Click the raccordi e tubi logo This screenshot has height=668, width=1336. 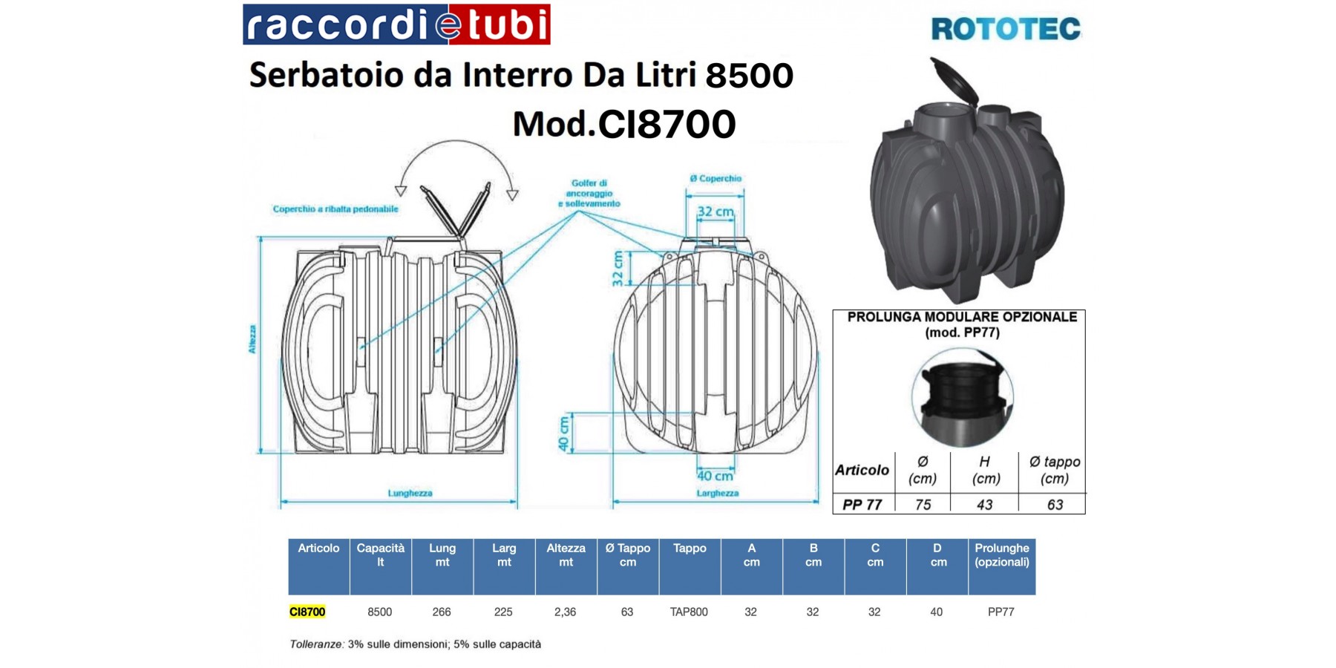pyautogui.click(x=396, y=24)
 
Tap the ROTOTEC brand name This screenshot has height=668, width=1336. pyautogui.click(x=1006, y=30)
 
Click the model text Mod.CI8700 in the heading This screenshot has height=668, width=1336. pyautogui.click(x=624, y=124)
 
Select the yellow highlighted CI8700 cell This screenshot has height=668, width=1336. pyautogui.click(x=307, y=612)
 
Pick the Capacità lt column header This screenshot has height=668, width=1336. pyautogui.click(x=380, y=555)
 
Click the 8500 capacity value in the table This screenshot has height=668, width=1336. pyautogui.click(x=379, y=612)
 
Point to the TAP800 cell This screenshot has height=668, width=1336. pyautogui.click(x=689, y=612)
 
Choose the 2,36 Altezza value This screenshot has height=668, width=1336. pyautogui.click(x=565, y=612)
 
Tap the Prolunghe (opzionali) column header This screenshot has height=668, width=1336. pyautogui.click(x=1001, y=555)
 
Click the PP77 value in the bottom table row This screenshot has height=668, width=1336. pyautogui.click(x=1001, y=612)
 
